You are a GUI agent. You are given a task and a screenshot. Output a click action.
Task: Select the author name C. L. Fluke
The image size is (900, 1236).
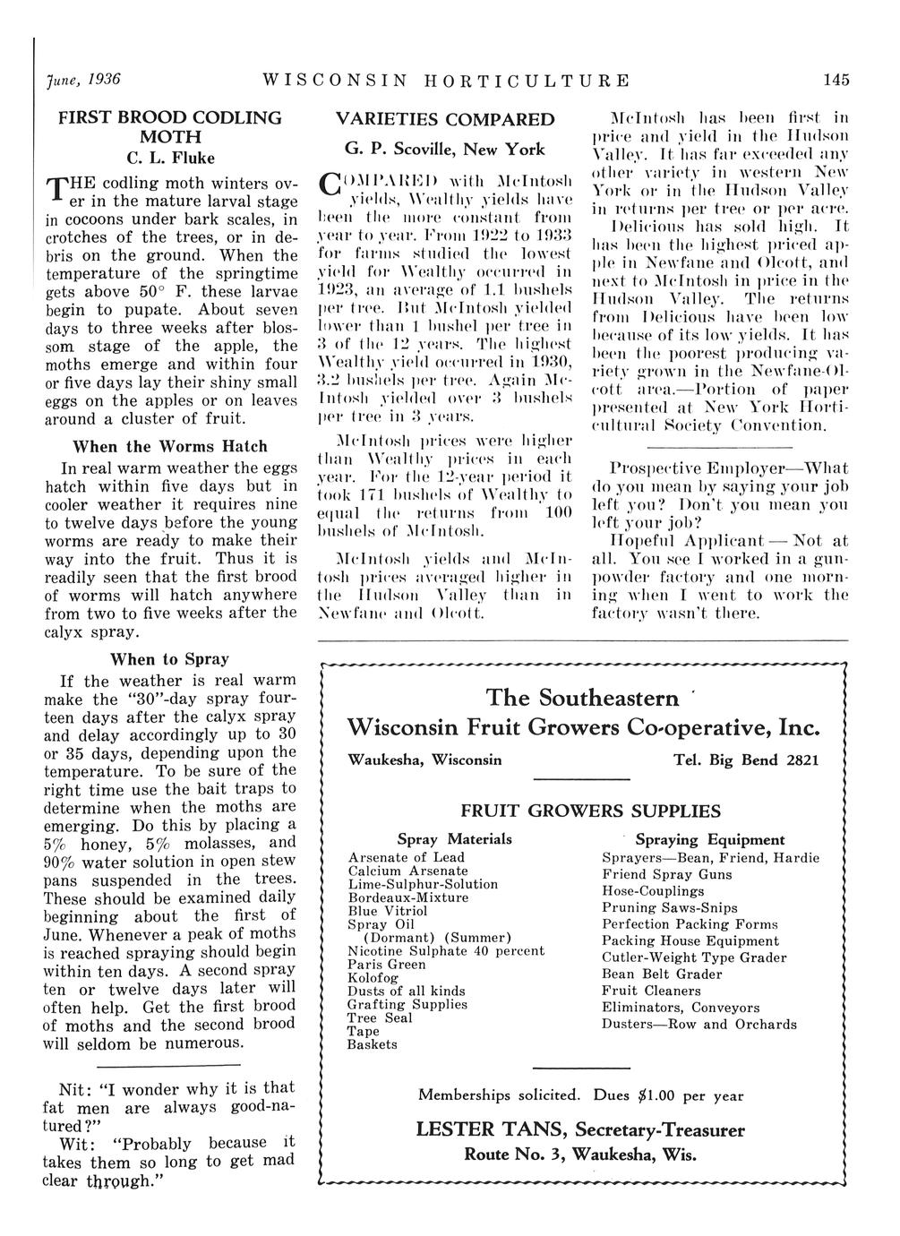(170, 159)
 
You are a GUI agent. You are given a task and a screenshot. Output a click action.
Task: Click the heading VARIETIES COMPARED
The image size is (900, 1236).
(445, 119)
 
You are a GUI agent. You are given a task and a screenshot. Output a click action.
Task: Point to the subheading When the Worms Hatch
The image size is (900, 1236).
(170, 446)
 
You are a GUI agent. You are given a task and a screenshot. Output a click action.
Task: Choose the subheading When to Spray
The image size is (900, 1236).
(169, 660)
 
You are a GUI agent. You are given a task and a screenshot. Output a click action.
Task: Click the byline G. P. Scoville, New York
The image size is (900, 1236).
(445, 149)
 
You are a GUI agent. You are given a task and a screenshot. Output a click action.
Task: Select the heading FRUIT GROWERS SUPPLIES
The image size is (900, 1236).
(590, 811)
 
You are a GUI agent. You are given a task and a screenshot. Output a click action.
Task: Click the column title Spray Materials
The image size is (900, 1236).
(455, 839)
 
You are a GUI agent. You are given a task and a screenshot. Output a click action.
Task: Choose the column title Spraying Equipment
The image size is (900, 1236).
(710, 839)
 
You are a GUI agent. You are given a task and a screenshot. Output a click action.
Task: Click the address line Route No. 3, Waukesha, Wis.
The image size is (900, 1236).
(580, 1154)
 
